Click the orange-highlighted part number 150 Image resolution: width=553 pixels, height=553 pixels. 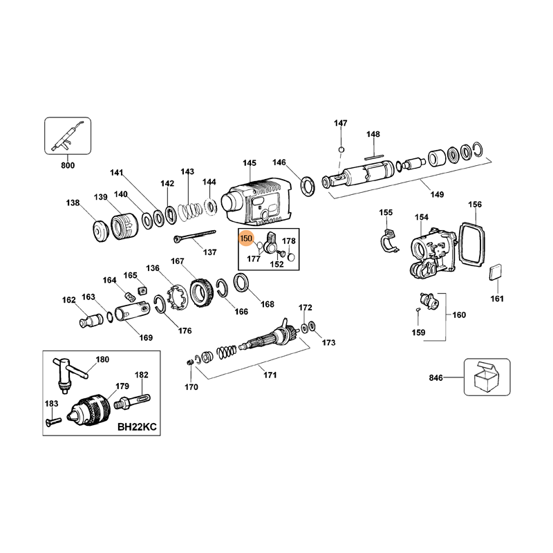(246, 238)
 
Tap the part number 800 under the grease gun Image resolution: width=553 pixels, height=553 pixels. (68, 165)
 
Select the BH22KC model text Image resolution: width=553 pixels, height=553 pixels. (137, 427)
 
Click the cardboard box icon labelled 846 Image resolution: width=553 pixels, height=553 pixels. (487, 377)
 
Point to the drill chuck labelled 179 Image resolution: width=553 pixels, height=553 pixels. (91, 409)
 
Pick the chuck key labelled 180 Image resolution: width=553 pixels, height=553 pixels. (70, 375)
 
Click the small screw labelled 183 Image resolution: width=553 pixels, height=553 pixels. (53, 420)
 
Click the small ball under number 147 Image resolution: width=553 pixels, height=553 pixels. (341, 149)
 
